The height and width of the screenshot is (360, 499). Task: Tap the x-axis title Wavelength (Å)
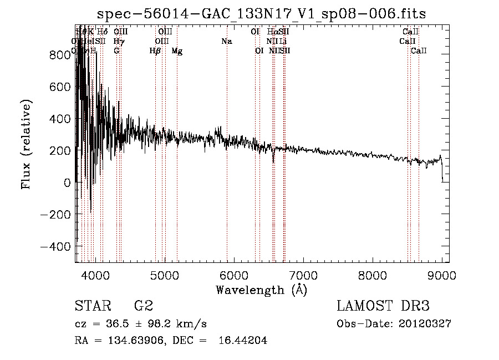click(261, 290)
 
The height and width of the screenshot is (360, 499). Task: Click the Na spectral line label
click(226, 41)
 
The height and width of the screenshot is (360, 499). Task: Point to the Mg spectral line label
click(177, 51)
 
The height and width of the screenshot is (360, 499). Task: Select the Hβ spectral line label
click(155, 51)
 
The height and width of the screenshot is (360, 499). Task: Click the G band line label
click(116, 51)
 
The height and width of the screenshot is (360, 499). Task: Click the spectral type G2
click(144, 306)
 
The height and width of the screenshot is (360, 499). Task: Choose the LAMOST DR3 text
click(383, 306)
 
